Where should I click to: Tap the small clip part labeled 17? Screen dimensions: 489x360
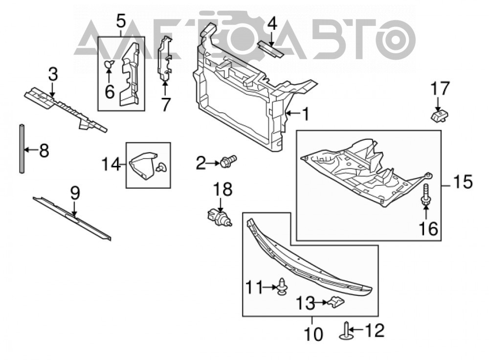[x=440, y=116]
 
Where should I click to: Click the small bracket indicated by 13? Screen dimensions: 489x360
[x=335, y=302]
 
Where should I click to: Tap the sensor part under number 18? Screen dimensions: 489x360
[x=219, y=217]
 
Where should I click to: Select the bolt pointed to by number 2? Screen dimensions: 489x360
[x=228, y=161]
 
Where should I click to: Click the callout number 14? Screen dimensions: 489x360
[x=111, y=164]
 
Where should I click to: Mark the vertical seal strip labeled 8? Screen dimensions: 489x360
[x=22, y=149]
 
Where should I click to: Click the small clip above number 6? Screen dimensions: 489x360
[x=109, y=65]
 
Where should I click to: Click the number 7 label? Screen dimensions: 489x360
[x=165, y=104]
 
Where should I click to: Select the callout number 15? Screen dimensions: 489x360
[x=463, y=182]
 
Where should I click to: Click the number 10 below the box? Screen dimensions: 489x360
[x=313, y=334]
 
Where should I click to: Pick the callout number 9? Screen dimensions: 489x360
[x=75, y=193]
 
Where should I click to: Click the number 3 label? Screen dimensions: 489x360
[x=53, y=75]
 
